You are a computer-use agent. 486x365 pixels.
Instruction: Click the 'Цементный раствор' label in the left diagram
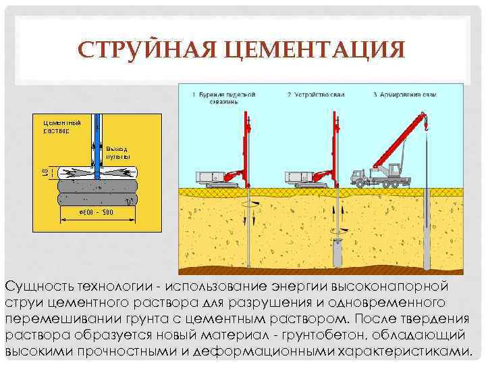[x=61, y=126]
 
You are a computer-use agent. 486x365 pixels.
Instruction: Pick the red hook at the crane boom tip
[x=427, y=124]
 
